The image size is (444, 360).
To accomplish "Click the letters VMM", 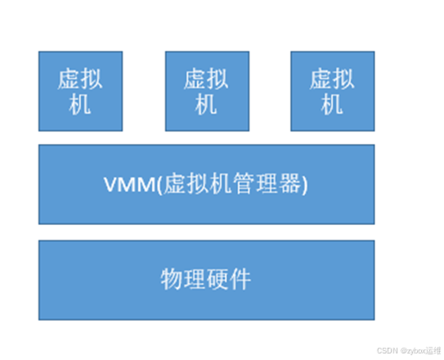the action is click(129, 185).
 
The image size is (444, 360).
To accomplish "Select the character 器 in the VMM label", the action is click(290, 184).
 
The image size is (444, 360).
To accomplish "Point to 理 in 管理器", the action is click(267, 184).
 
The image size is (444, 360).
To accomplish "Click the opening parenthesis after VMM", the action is click(160, 184).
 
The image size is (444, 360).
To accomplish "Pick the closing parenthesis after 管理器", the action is click(304, 184).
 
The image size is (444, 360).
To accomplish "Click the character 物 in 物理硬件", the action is click(172, 279).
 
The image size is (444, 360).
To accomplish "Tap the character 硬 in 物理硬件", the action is click(218, 279).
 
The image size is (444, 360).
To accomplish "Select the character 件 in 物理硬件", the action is click(240, 279).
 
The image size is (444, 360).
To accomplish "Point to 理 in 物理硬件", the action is click(195, 279).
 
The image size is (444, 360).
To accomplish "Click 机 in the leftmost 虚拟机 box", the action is click(80, 105).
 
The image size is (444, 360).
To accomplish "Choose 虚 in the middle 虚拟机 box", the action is click(195, 79).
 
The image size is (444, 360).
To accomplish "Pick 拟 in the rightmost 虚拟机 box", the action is click(343, 79).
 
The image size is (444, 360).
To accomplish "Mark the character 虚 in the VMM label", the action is click(175, 184).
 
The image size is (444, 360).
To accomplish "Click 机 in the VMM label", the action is click(221, 184).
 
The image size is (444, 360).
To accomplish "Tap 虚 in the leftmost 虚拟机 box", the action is click(69, 79).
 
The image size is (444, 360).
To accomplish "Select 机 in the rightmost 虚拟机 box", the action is click(332, 105).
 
